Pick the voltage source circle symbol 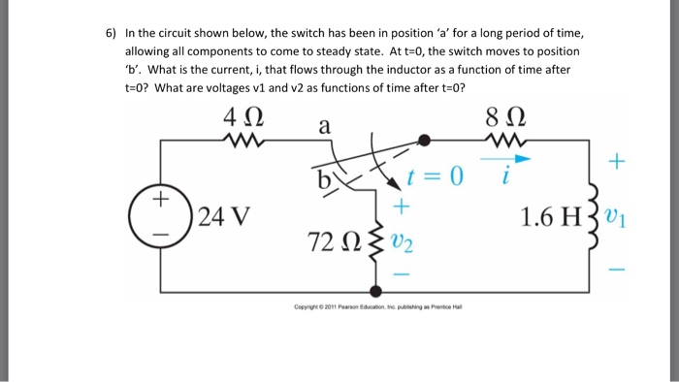[160, 215]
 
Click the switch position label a [324, 126]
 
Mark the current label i [503, 178]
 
